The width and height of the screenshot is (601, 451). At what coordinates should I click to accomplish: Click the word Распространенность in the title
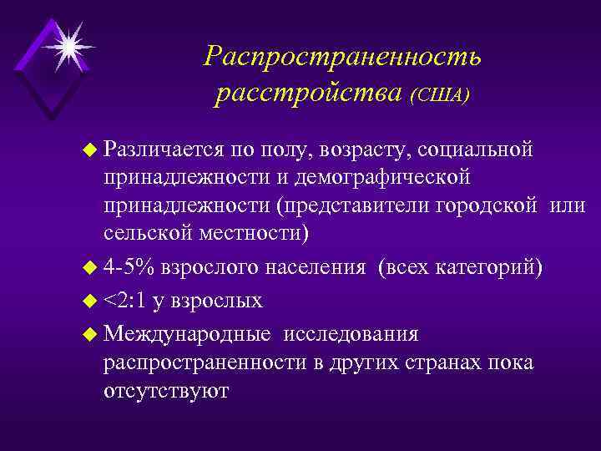tap(342, 57)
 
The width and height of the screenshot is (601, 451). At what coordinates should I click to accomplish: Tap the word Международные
tap(188, 333)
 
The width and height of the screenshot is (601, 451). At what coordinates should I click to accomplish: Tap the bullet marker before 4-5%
tap(92, 268)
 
